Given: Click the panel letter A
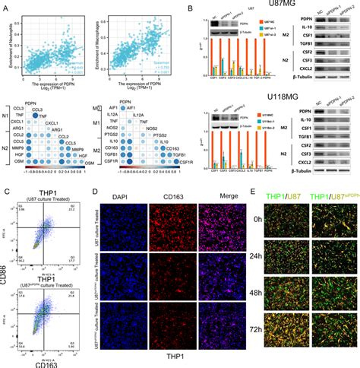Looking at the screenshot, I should [x=6, y=7].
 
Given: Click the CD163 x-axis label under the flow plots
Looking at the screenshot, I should [x=47, y=362].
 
